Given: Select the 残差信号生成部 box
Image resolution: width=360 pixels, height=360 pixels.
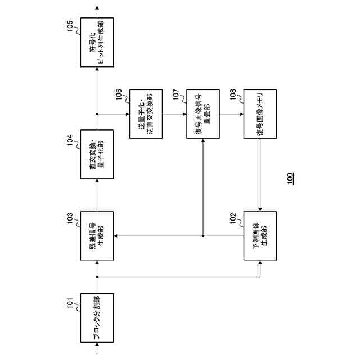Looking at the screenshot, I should (97, 236).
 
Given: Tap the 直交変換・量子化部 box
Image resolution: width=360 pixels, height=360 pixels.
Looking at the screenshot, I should (97, 154).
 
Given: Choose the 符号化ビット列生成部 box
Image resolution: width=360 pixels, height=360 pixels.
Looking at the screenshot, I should (97, 43).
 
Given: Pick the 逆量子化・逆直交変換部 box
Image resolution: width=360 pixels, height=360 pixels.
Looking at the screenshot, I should (146, 114).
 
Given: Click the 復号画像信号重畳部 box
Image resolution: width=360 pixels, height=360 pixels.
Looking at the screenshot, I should (202, 114).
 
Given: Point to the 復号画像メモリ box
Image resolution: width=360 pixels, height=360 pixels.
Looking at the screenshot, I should (260, 114).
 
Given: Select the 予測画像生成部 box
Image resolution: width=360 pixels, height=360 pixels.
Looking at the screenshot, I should (260, 236).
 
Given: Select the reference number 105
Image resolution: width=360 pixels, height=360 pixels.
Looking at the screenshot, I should (70, 26).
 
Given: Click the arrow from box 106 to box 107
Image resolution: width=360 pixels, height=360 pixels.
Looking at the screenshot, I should (174, 114).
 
